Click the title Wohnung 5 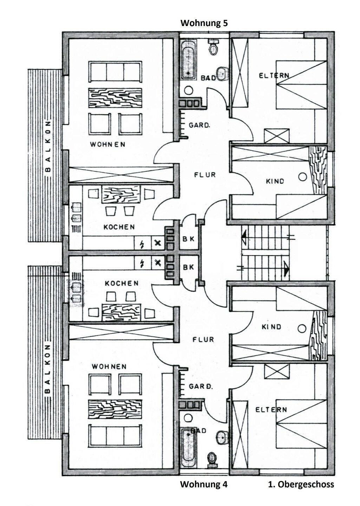click(204, 23)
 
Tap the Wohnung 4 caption click(204, 484)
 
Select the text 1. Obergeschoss click(301, 484)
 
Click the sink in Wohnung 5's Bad click(221, 74)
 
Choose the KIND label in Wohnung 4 click(271, 327)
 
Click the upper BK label click(189, 239)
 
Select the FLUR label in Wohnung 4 click(203, 339)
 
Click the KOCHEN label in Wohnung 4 click(122, 283)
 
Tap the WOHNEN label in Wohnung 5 click(107, 144)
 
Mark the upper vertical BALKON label click(48, 148)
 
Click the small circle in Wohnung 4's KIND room click(301, 329)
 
